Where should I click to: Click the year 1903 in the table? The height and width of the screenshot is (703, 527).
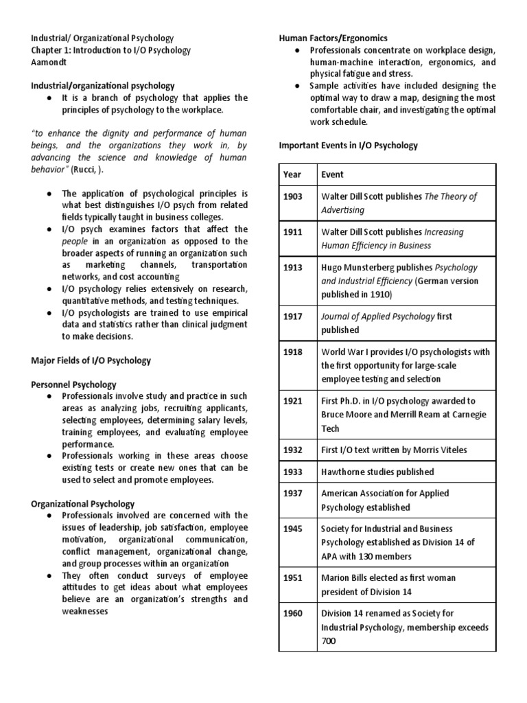click(293, 196)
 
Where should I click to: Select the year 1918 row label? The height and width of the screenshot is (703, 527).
click(293, 351)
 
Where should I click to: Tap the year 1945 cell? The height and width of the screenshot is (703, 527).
click(293, 529)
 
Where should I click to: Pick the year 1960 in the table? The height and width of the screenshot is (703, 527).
click(293, 613)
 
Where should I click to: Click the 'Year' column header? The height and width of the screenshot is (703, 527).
click(292, 174)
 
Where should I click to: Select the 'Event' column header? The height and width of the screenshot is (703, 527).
click(333, 174)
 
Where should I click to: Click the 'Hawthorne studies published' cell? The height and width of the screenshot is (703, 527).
click(377, 472)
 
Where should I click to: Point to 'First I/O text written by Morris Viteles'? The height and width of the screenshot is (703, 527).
click(393, 450)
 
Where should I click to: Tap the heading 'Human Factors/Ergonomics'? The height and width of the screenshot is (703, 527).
click(333, 38)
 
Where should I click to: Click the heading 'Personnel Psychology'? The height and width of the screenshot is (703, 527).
click(73, 384)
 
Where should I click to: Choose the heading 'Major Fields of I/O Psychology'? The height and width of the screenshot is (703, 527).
click(91, 360)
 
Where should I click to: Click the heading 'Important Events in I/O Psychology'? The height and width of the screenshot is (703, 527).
click(348, 146)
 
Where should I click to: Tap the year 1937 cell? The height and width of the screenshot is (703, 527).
click(293, 493)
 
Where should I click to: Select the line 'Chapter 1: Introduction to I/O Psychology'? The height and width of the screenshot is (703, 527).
click(110, 50)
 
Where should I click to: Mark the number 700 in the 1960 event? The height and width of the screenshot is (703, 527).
click(329, 641)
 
